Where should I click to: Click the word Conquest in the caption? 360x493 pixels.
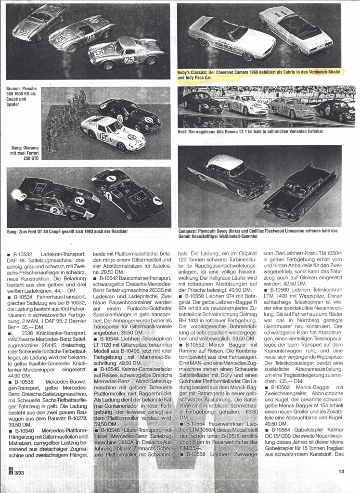click(188, 231)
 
